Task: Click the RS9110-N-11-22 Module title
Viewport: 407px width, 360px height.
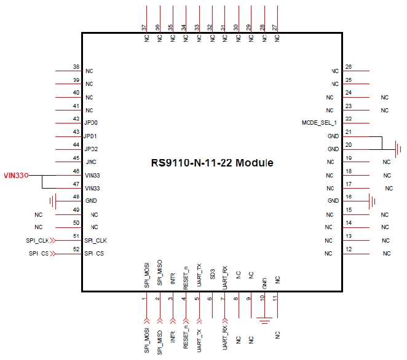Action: click(212, 163)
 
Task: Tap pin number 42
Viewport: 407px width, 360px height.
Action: click(76, 119)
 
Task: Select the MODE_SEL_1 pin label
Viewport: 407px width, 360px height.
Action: click(320, 123)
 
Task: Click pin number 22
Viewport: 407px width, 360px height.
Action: click(349, 119)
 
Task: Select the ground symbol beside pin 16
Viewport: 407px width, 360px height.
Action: click(372, 201)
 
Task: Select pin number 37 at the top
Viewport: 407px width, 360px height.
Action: click(144, 28)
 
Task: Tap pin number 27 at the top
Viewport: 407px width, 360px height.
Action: click(275, 28)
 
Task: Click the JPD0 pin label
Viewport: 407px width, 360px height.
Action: click(92, 123)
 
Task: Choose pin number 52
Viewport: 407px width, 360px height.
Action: click(76, 249)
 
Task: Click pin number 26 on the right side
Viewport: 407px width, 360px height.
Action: click(349, 67)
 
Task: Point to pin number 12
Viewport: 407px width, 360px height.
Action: click(349, 249)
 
